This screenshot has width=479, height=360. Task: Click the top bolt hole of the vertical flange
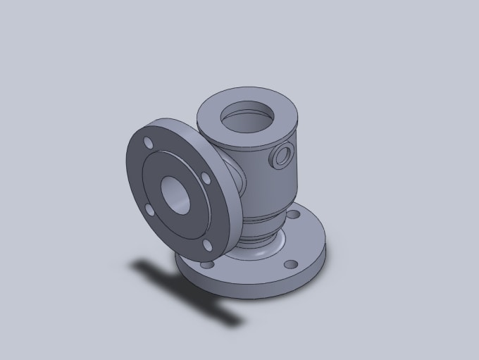[x=148, y=143]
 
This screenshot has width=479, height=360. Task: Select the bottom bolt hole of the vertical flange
[x=206, y=244]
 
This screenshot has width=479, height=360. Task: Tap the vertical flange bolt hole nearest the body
[x=204, y=177]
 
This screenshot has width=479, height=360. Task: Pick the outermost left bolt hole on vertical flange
[x=149, y=210]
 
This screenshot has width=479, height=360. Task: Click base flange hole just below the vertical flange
[x=206, y=266]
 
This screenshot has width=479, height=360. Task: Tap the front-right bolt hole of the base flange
[x=290, y=265]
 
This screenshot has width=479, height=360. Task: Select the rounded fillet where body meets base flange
[x=271, y=247]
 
